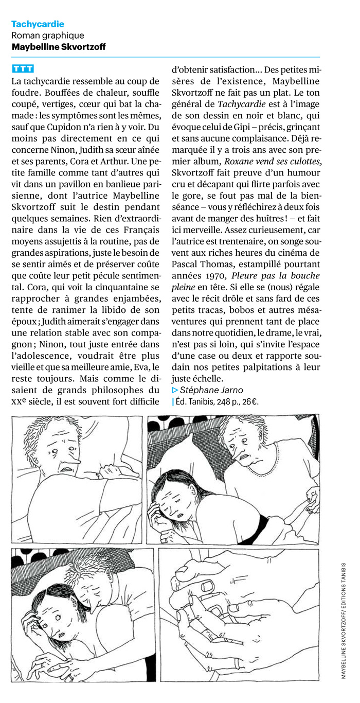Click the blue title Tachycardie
click(38, 24)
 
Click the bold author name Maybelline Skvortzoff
click(58, 47)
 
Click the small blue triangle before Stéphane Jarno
click(175, 390)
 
